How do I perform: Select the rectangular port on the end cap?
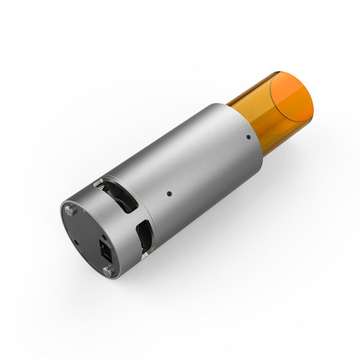105,249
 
